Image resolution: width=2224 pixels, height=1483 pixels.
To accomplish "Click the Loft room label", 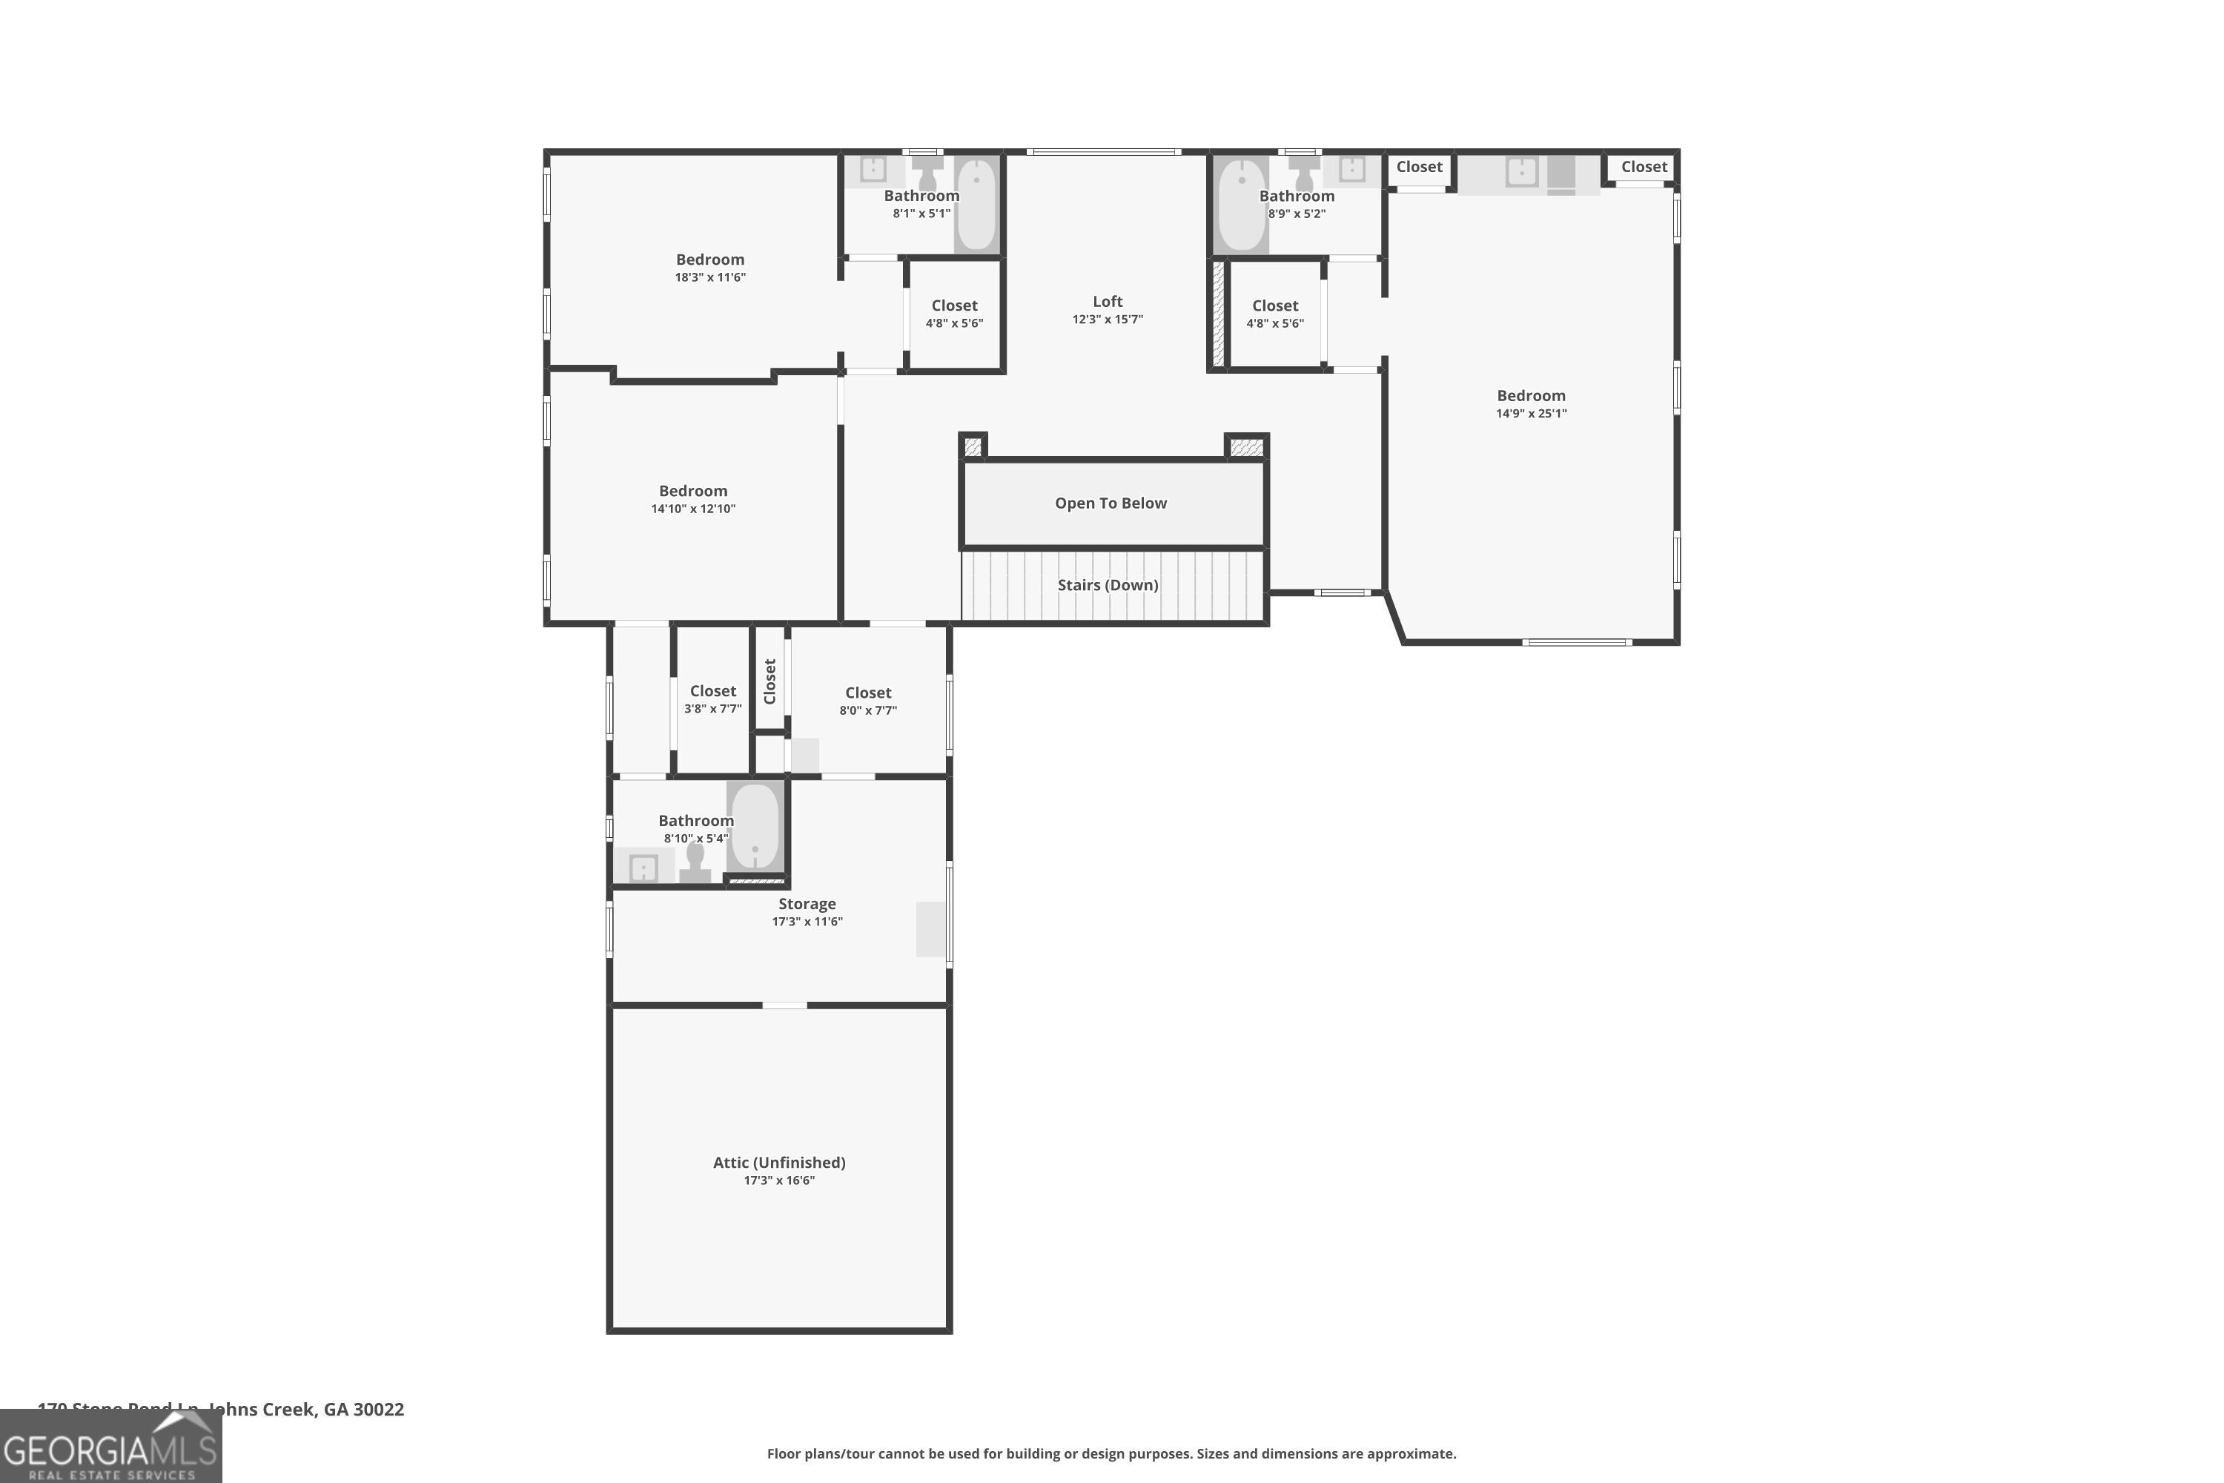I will (1108, 302).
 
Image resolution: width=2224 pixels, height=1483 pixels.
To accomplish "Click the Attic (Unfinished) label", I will (778, 1163).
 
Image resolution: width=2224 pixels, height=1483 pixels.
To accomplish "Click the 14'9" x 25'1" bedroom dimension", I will (1530, 413).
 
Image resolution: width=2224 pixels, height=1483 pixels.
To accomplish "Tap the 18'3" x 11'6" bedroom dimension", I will (709, 278).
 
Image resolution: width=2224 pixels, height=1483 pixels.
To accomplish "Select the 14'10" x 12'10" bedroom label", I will (692, 491).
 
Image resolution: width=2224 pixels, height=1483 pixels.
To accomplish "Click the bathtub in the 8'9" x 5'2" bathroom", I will (1240, 205).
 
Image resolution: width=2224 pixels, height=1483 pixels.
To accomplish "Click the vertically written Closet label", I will (770, 681).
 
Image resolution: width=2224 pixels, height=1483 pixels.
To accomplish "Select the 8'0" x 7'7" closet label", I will (867, 693).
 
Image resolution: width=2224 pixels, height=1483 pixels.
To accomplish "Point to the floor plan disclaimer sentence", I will (1111, 1453).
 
